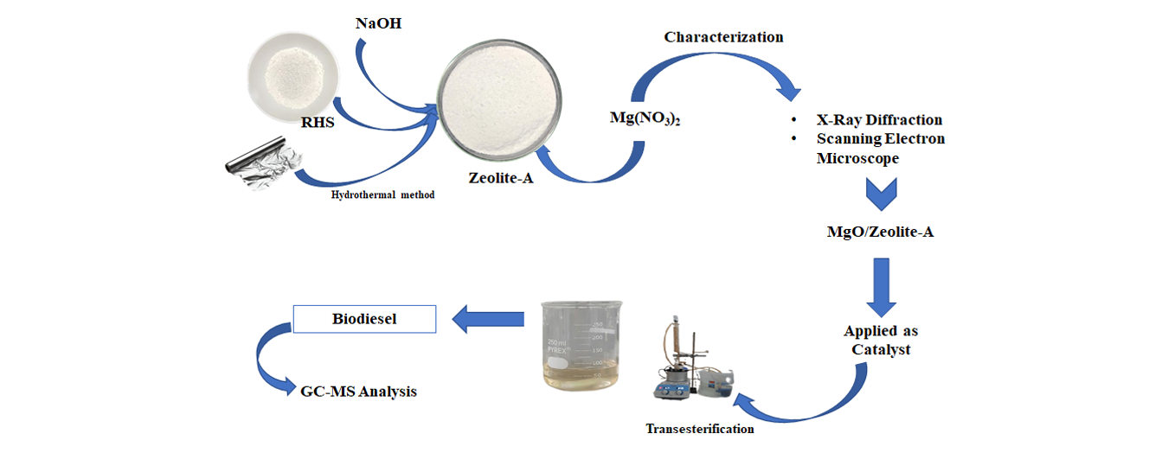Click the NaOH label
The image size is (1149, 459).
click(x=379, y=22)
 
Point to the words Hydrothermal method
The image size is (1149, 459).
click(x=382, y=194)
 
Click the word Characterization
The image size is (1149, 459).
click(x=723, y=37)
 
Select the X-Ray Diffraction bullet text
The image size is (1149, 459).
click(x=879, y=120)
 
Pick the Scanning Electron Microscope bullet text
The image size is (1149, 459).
click(x=881, y=148)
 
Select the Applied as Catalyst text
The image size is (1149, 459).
click(x=881, y=341)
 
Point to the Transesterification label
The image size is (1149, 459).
click(x=699, y=429)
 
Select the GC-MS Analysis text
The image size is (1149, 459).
click(x=358, y=392)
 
